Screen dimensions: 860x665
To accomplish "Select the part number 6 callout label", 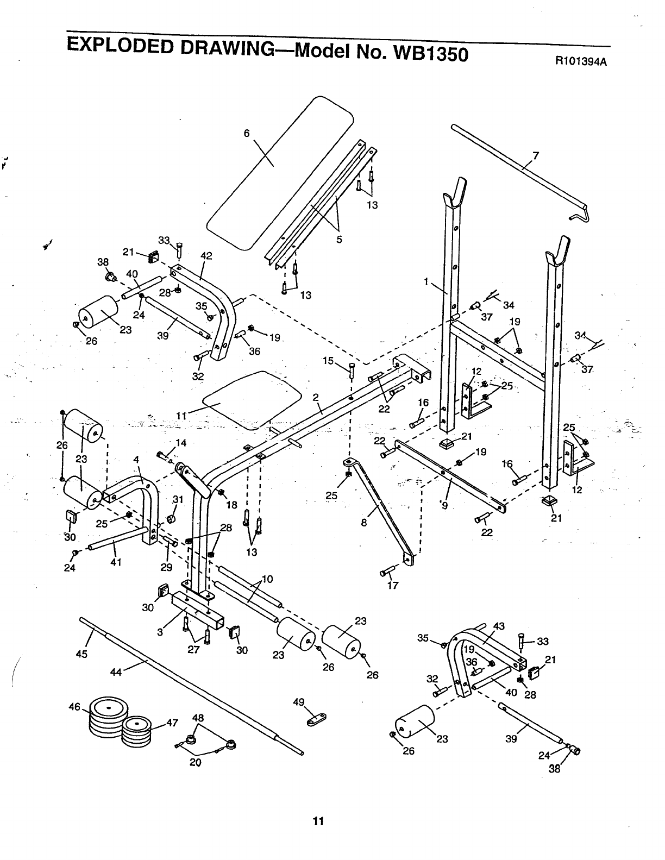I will click(x=246, y=134).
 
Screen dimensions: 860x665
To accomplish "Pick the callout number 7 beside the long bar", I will click(x=536, y=156).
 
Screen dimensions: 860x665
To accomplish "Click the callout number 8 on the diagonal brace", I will click(x=364, y=523).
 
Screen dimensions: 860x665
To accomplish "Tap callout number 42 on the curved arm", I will click(x=206, y=256).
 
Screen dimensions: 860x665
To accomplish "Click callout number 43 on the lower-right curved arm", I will click(x=499, y=626).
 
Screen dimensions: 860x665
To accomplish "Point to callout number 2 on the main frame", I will click(x=315, y=397).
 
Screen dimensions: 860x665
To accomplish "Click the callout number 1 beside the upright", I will click(x=427, y=281).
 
